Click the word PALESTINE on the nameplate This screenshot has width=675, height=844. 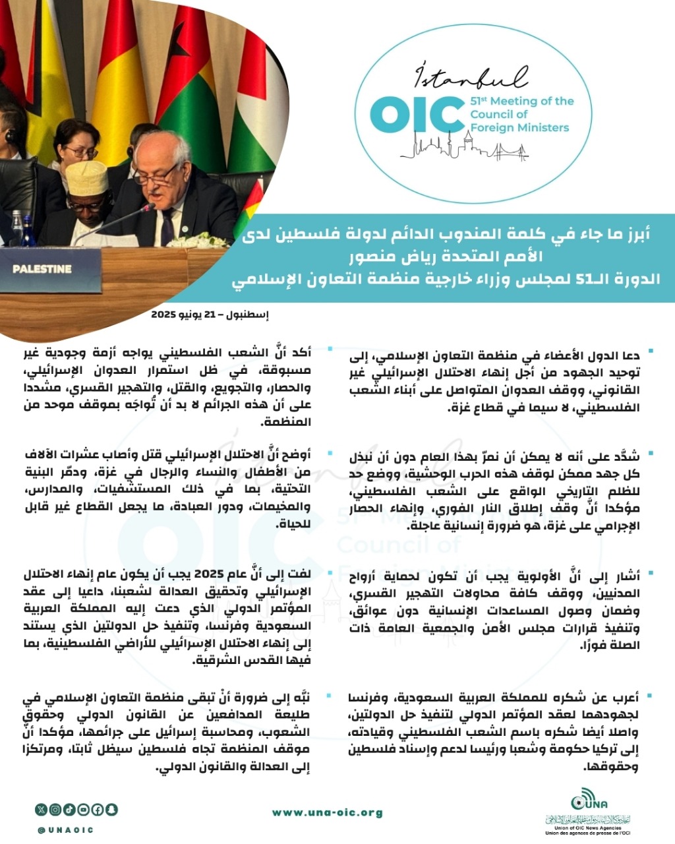42,269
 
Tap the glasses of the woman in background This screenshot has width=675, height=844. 81,151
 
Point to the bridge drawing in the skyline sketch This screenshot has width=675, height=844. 514,152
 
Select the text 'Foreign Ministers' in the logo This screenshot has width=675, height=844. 519,127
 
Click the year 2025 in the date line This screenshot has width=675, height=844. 164,315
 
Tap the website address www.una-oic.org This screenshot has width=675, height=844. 328,812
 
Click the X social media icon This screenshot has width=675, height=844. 42,810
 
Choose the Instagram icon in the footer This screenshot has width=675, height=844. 55,810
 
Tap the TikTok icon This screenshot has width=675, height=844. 69,810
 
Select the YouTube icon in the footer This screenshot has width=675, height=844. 83,810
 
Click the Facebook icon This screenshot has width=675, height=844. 97,810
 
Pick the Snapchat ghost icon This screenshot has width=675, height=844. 111,810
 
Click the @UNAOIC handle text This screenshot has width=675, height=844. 65,830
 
